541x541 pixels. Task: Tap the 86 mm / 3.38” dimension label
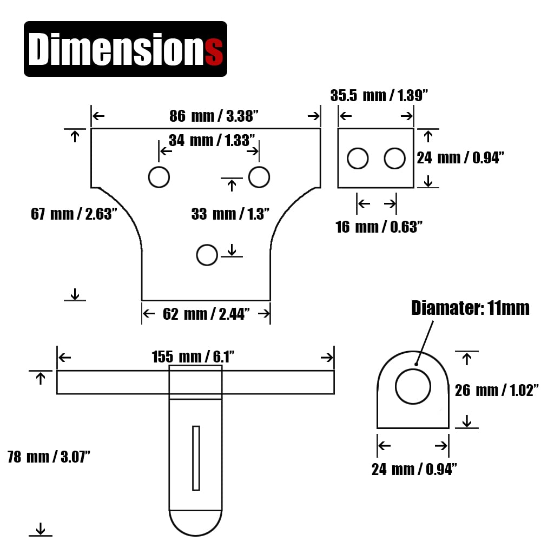tap(214, 116)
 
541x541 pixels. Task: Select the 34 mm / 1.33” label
tap(212, 141)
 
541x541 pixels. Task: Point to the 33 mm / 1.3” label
tap(230, 214)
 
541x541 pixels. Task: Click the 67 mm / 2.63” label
tap(74, 214)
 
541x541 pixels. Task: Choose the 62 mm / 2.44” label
tap(206, 314)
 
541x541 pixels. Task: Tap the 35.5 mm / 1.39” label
tap(379, 96)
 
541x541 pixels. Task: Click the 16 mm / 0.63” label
tap(379, 227)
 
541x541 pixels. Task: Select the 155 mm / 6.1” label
tap(193, 357)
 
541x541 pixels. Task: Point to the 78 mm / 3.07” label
tap(49, 457)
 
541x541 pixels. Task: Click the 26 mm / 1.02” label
tap(497, 391)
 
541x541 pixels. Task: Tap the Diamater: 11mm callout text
tap(470, 308)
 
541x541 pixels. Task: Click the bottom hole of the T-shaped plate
tap(207, 255)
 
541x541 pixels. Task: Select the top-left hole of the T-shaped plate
tap(159, 177)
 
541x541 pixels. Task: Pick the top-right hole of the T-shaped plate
tap(259, 177)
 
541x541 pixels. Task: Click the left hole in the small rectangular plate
tap(358, 159)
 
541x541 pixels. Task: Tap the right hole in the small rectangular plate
tap(395, 159)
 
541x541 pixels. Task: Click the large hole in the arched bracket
tap(413, 386)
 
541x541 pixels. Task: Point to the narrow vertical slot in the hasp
tap(196, 458)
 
